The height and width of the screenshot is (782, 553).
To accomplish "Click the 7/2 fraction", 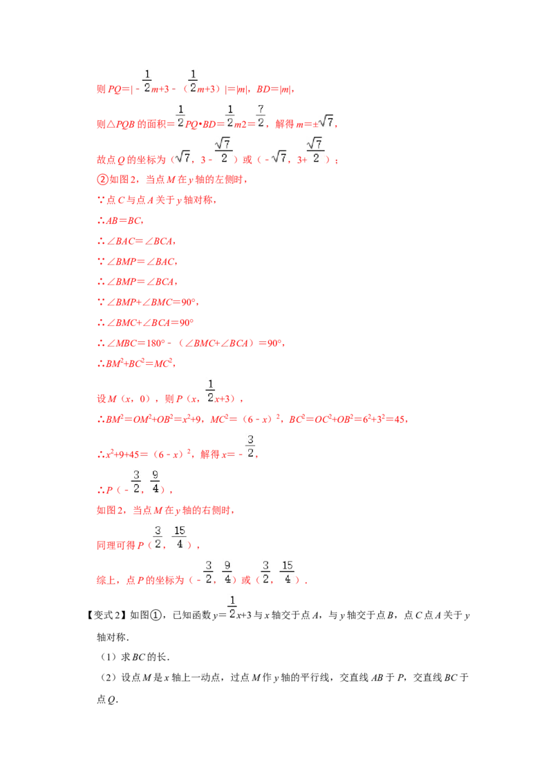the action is pos(260,116).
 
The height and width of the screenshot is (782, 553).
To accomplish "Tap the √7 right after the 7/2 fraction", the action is pos(326,122).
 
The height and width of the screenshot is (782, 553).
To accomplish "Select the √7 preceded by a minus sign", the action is pos(279,158).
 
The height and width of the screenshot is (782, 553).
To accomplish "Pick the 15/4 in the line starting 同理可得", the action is pos(180,536).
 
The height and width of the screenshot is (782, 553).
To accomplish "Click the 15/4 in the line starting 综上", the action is pos(288,571).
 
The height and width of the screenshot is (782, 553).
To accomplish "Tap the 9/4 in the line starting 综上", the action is pos(227,571).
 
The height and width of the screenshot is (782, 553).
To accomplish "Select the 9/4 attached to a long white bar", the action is pos(155,481).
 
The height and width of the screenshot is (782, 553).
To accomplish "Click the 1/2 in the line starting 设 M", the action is pos(210,390).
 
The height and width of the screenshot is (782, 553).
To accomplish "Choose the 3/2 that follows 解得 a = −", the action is pos(252,446).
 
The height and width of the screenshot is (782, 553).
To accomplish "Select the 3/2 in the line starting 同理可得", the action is pos(158,536).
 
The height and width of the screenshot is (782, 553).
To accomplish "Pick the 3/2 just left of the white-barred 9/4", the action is pos(135,481).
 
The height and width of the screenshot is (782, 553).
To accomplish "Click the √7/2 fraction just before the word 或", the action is pos(224,149).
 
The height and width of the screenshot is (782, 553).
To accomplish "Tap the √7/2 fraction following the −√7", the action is pos(315,149).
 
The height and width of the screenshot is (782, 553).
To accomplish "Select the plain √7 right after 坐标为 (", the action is pos(182,158).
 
